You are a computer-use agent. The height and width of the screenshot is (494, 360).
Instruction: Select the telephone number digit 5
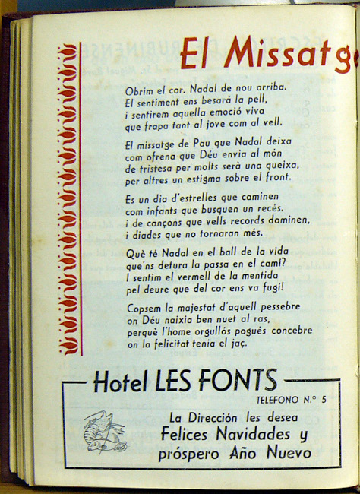[324, 400]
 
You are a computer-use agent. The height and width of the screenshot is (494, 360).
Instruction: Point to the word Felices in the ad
[189, 435]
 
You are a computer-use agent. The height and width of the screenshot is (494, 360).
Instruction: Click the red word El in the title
[197, 52]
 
